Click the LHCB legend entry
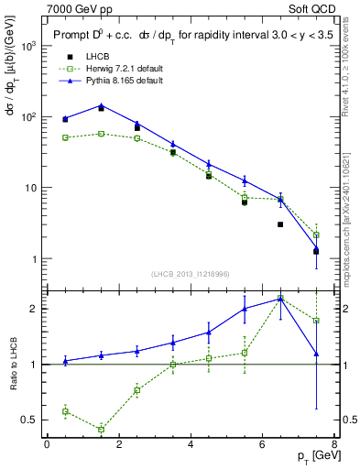81,57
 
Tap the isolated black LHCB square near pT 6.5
280,224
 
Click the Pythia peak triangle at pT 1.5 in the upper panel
101,105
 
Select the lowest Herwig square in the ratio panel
101,429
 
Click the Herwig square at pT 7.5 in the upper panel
316,234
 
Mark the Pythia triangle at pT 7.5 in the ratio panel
316,354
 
